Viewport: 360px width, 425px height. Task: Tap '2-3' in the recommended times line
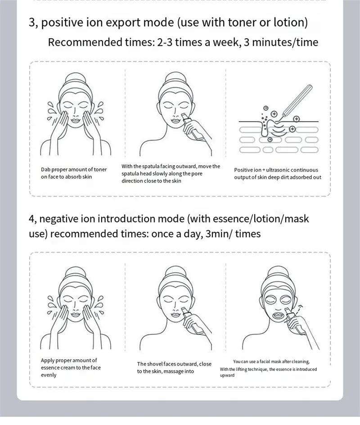[165, 42]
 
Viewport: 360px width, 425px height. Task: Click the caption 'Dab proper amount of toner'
[74, 170]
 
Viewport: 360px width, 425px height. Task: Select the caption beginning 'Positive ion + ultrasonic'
[278, 174]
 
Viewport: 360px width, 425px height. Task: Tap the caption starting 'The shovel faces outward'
[174, 367]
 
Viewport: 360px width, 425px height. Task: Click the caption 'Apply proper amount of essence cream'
[71, 367]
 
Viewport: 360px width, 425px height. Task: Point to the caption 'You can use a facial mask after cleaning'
[271, 362]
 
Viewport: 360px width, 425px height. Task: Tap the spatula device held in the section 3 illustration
[192, 127]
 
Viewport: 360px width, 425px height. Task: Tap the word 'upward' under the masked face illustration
[227, 375]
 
